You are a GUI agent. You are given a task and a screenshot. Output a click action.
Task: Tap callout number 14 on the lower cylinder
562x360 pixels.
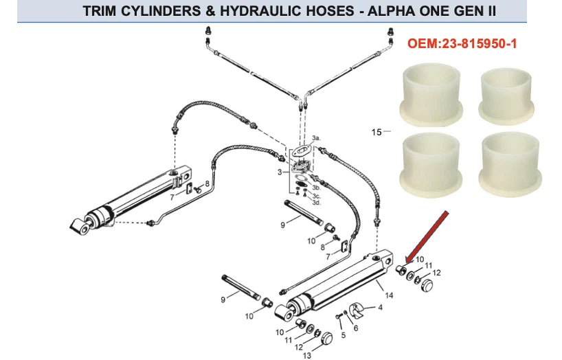(388, 295)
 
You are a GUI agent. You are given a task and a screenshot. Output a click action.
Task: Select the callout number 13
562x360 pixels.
(307, 355)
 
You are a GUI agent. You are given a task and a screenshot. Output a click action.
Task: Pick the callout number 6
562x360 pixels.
(355, 328)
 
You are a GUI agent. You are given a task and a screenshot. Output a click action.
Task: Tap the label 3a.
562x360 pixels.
(316, 138)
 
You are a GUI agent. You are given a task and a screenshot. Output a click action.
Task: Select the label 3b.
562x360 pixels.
(316, 186)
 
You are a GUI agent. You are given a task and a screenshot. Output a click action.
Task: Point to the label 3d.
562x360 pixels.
(316, 202)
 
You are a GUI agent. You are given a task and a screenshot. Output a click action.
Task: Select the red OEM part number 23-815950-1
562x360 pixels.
(462, 43)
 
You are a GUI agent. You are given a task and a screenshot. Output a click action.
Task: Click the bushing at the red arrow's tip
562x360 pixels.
(401, 267)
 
